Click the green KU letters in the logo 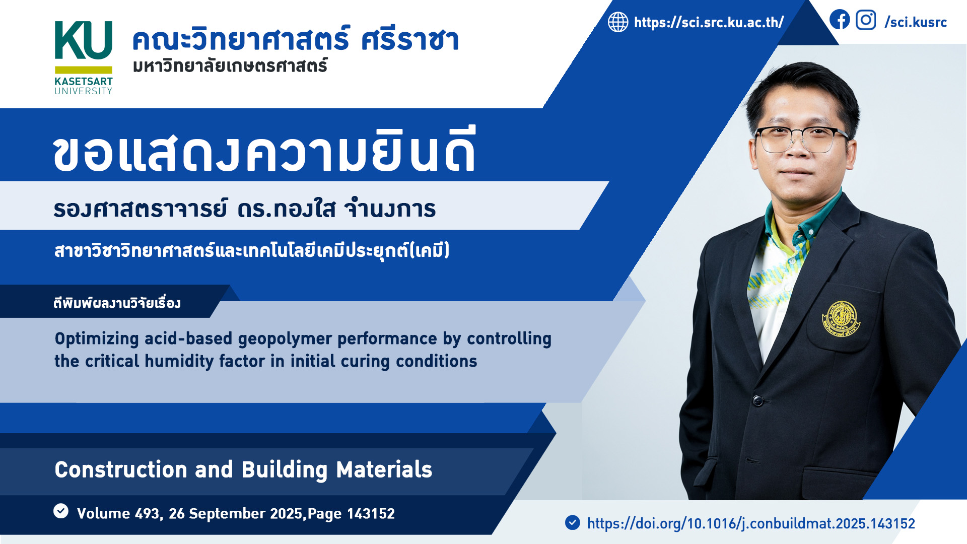[x=83, y=41]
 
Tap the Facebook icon [x=840, y=20]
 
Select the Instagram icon [x=866, y=20]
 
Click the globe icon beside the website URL [x=618, y=22]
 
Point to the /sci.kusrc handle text [x=916, y=22]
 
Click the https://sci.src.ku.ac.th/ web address [x=709, y=23]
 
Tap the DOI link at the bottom [x=751, y=524]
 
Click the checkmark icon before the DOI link [x=573, y=522]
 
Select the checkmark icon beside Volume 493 [x=61, y=511]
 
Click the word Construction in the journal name [x=121, y=470]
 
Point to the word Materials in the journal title [x=384, y=470]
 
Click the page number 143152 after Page [x=371, y=514]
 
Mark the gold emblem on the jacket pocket [x=841, y=319]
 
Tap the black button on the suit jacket [x=757, y=401]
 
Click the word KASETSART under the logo [x=84, y=82]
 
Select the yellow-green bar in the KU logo [x=84, y=70]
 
